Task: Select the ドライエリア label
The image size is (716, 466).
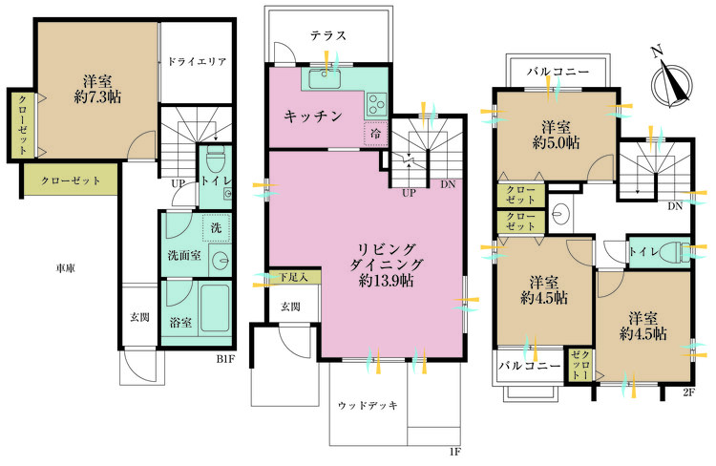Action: point(196,62)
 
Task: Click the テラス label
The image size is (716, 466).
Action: point(327,35)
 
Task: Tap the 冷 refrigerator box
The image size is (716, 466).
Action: point(374,134)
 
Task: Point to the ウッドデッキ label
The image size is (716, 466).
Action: point(368,404)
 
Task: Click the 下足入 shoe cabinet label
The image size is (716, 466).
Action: point(293,277)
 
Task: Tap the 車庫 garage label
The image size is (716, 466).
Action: point(66,268)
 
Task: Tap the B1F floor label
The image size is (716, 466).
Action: point(224,359)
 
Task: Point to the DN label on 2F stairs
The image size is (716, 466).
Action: point(675,205)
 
